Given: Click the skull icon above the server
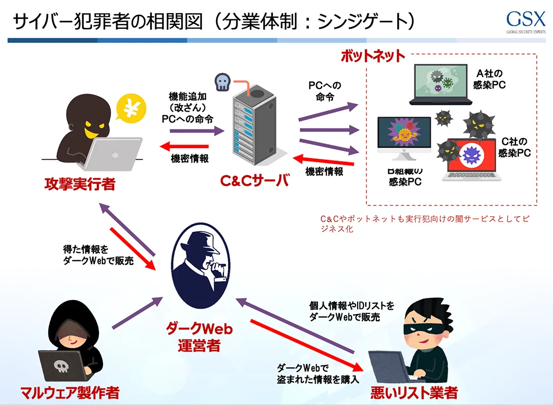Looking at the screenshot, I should point(222,81).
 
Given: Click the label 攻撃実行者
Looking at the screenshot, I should point(79,184).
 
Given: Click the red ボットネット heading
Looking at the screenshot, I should point(373,56).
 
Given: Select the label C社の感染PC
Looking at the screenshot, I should point(514,147).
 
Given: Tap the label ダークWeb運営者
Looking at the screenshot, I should point(199,337).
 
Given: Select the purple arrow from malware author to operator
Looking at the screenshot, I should point(135,314).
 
